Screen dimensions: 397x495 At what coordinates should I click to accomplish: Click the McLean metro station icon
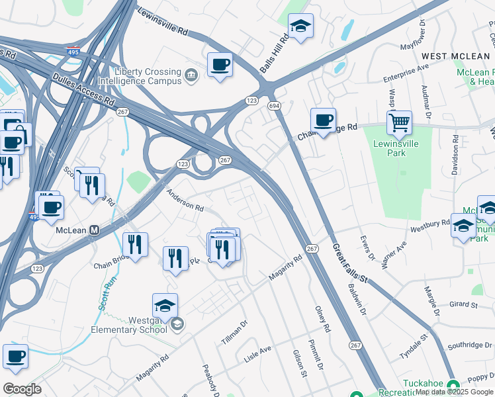95,230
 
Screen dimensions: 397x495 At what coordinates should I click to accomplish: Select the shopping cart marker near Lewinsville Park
399,122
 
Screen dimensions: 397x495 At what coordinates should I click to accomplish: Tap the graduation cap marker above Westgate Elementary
165,306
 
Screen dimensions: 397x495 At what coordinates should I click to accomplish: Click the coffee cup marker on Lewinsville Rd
220,65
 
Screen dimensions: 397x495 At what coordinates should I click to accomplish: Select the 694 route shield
273,106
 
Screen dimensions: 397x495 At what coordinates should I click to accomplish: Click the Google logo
22,388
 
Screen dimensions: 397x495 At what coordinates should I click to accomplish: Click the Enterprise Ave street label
406,73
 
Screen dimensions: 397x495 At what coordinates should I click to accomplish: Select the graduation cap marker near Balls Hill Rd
301,26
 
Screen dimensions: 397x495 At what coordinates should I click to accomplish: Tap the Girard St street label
463,304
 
